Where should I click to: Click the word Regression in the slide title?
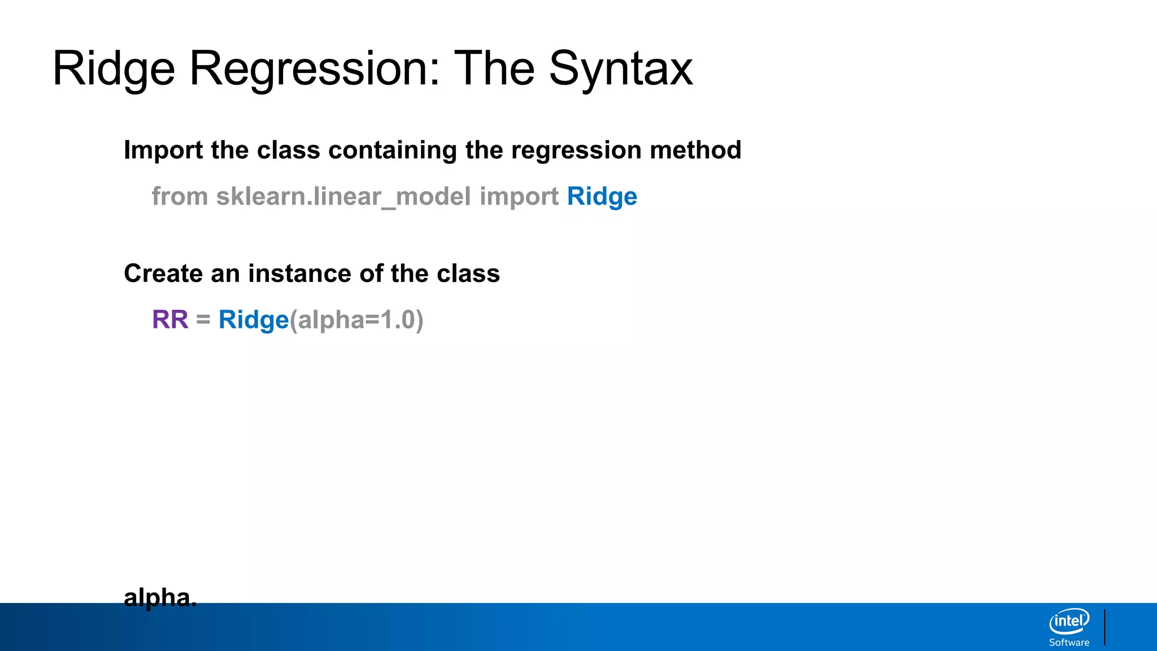[314, 69]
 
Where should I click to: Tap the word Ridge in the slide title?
[114, 69]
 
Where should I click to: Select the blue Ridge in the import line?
[602, 197]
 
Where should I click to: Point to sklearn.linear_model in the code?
[343, 197]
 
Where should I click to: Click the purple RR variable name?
[170, 320]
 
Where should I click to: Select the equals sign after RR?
[203, 320]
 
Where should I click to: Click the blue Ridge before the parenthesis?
[253, 320]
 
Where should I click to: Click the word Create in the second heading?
[163, 274]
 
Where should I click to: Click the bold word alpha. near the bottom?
[160, 597]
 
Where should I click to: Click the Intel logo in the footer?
[1069, 622]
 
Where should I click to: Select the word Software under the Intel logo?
[1069, 643]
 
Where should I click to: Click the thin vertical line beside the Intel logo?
[1104, 627]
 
